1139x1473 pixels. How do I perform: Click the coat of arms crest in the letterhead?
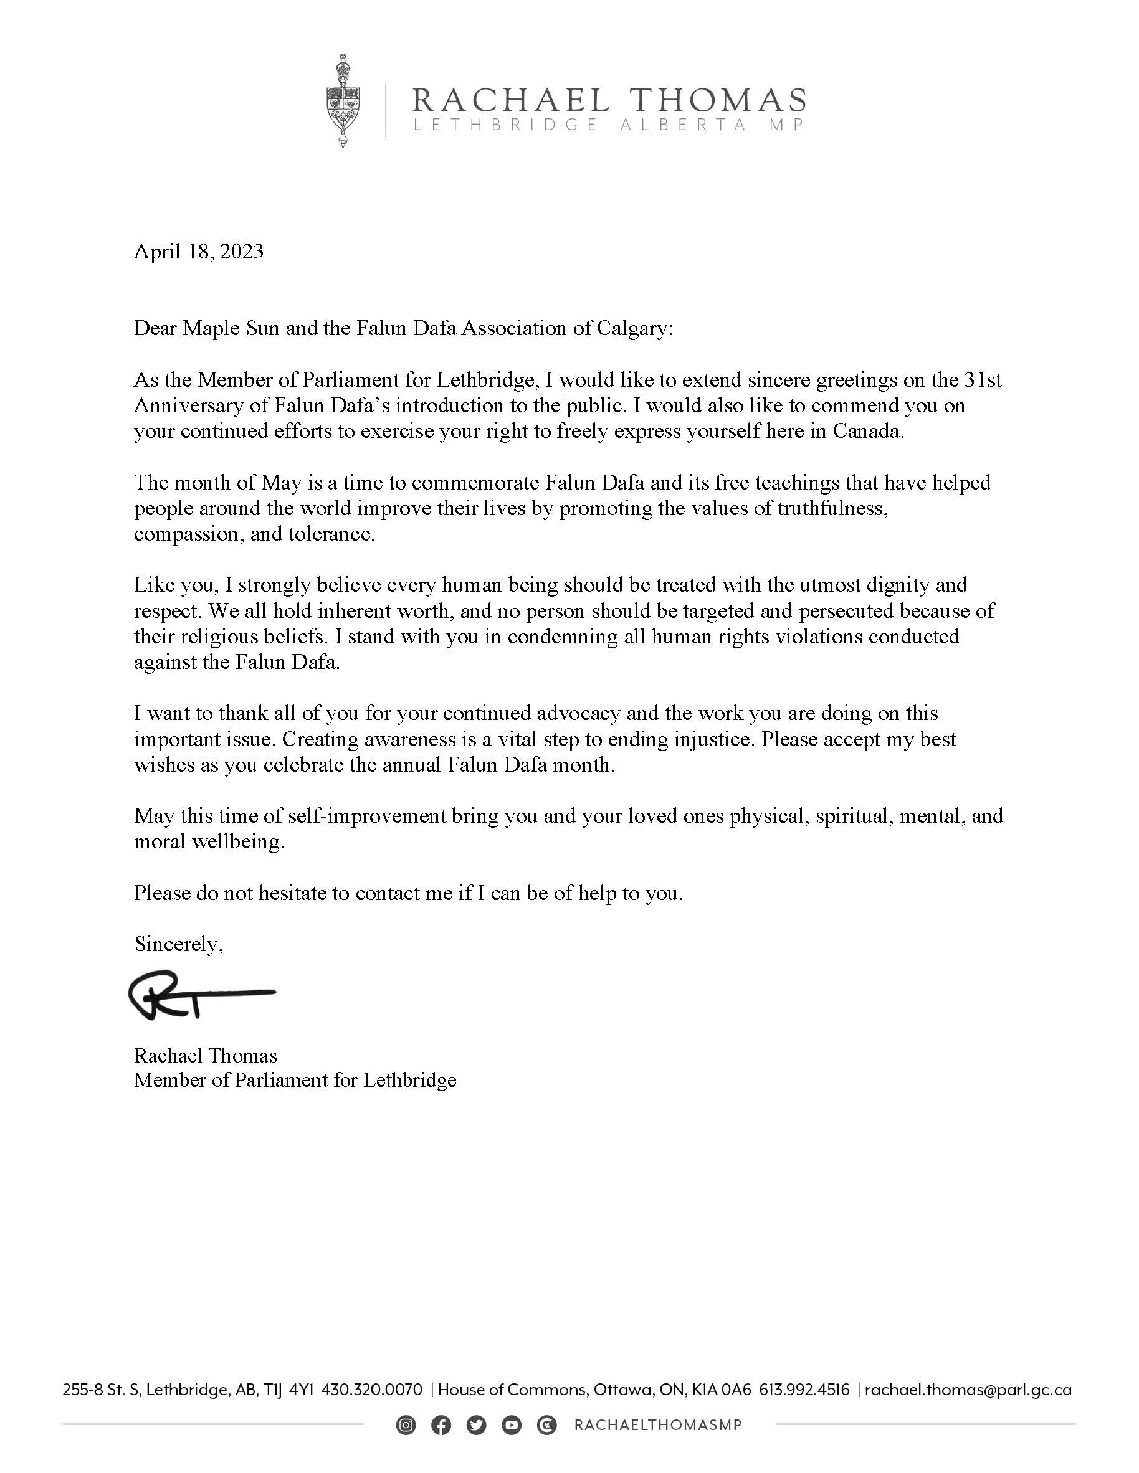(343, 101)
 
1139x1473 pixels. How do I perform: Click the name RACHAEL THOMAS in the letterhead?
(609, 100)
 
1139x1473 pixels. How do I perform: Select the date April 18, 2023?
(198, 252)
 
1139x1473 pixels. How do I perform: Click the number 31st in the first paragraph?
(983, 381)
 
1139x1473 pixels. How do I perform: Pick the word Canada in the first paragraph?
(868, 432)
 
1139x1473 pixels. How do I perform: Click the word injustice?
(715, 740)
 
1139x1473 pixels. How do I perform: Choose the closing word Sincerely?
(178, 944)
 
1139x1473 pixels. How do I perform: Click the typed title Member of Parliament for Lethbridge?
(295, 1081)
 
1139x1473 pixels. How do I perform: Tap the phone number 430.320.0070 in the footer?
(372, 1390)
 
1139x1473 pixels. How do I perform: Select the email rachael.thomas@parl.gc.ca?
(968, 1390)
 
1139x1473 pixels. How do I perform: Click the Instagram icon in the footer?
(406, 1425)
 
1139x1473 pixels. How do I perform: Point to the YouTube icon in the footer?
(512, 1425)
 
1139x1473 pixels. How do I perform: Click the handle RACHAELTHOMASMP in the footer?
(658, 1425)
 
